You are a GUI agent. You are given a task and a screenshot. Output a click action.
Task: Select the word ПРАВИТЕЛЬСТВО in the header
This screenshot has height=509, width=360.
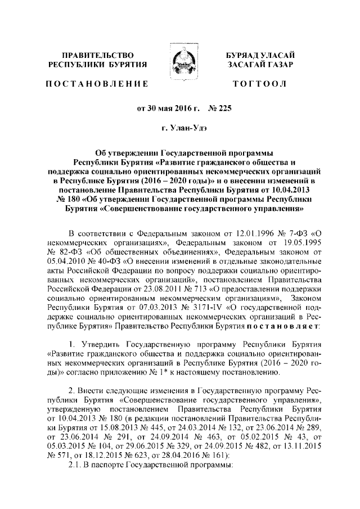pyautogui.click(x=97, y=55)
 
